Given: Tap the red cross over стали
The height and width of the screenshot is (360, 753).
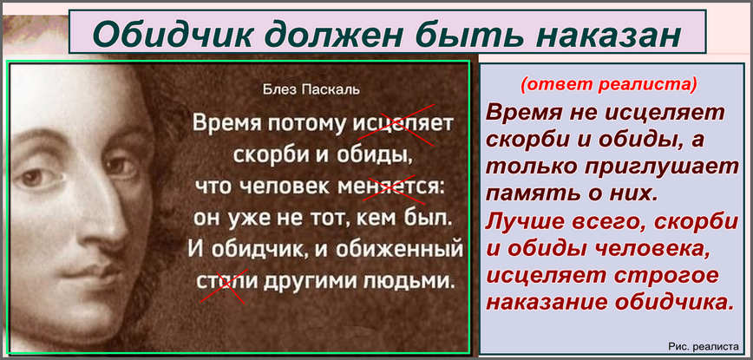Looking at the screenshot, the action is pyautogui.click(x=223, y=285).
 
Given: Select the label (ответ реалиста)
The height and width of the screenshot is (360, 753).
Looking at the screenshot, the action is pyautogui.click(x=609, y=84).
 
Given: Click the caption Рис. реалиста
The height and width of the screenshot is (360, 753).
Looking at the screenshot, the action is pyautogui.click(x=703, y=345).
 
